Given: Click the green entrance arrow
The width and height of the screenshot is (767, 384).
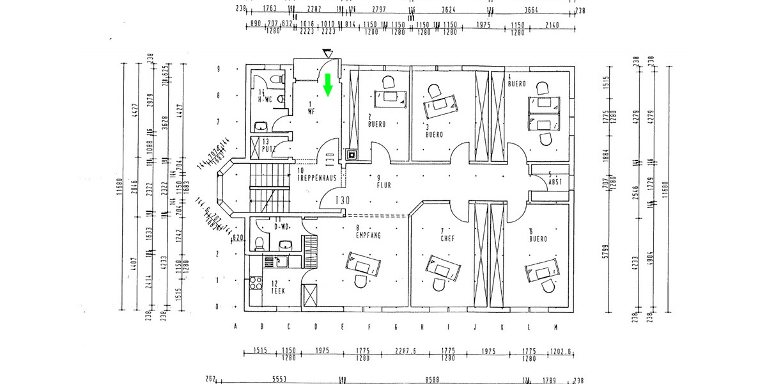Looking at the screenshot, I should pyautogui.click(x=328, y=85).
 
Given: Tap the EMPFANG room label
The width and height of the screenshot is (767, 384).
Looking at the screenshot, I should pyautogui.click(x=368, y=236).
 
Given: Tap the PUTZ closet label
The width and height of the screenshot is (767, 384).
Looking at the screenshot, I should pyautogui.click(x=268, y=148).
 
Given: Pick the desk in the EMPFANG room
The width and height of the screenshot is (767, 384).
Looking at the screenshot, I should pyautogui.click(x=362, y=263).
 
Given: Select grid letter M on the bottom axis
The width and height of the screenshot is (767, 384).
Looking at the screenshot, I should pyautogui.click(x=555, y=328).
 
